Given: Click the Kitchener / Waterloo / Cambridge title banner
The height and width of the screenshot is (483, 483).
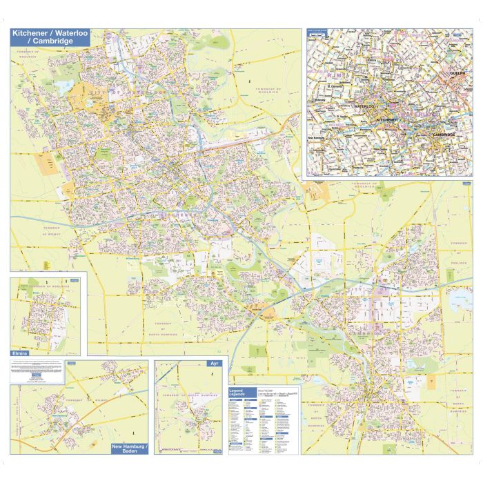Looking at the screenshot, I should [50, 37].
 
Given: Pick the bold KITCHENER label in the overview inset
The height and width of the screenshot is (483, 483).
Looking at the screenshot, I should [386, 119].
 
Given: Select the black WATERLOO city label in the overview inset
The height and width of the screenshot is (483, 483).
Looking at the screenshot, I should [364, 107].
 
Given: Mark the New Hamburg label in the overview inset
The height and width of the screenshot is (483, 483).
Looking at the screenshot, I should [317, 138].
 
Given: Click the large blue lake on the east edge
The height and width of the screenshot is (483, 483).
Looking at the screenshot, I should [460, 301].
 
